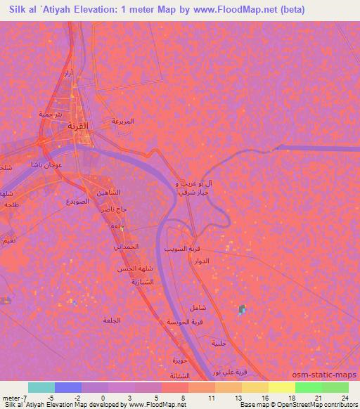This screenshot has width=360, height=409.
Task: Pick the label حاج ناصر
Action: (x=112, y=209)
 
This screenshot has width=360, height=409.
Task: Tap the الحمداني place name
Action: (x=127, y=247)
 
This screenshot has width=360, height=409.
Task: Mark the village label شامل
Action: (x=198, y=308)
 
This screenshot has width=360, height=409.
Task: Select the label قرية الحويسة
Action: (x=181, y=321)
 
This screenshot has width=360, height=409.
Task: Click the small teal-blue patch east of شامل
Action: (x=242, y=309)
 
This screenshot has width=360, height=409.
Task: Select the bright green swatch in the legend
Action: (x=308, y=387)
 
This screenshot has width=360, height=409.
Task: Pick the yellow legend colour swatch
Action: (x=281, y=387)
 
